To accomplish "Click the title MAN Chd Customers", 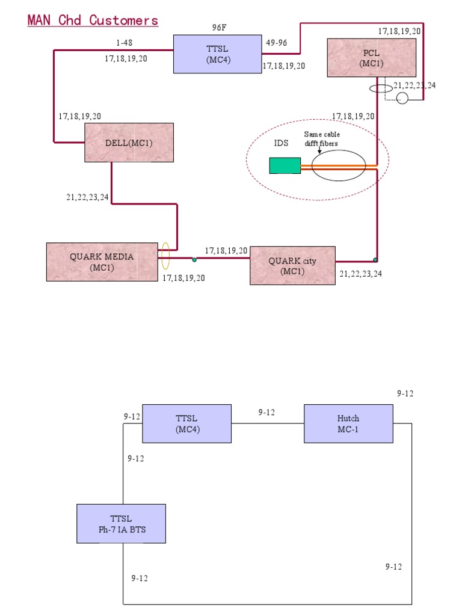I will click(x=93, y=20).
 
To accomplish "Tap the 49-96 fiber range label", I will click(x=276, y=43).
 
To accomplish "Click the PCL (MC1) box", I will click(x=371, y=58).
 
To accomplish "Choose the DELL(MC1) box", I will click(x=129, y=143).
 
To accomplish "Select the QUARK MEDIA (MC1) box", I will click(x=102, y=262).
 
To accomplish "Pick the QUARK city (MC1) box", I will click(x=292, y=265).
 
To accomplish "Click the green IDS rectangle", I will click(x=285, y=165).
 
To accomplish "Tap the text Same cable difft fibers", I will click(x=322, y=138).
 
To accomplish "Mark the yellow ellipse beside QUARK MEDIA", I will click(x=165, y=256).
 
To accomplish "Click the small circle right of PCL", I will click(x=402, y=98).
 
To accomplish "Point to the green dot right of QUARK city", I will click(x=375, y=260).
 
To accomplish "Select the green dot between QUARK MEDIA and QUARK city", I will click(x=194, y=259).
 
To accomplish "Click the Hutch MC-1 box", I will click(x=348, y=423).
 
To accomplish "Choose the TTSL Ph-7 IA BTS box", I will click(x=121, y=523).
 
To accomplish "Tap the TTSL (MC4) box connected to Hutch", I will click(x=186, y=423).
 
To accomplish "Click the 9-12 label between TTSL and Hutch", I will click(x=266, y=412).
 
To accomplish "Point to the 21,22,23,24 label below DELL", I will click(x=87, y=197).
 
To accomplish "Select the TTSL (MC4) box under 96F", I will click(x=217, y=54).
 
